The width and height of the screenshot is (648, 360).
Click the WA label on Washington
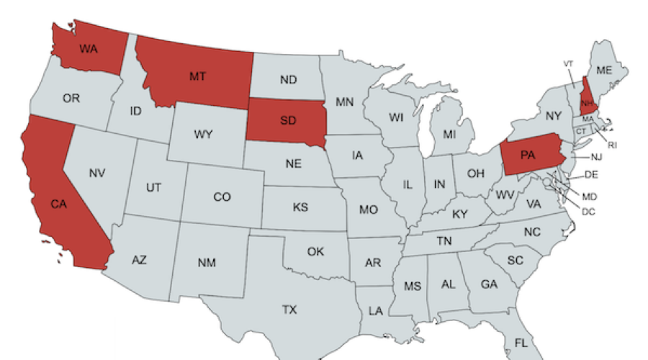pyautogui.click(x=89, y=50)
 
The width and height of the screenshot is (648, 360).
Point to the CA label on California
pyautogui.click(x=58, y=204)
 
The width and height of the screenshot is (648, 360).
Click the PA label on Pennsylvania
pyautogui.click(x=528, y=156)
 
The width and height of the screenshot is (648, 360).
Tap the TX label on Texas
pyautogui.click(x=289, y=310)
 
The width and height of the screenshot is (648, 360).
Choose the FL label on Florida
pyautogui.click(x=521, y=343)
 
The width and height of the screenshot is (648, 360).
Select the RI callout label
pyautogui.click(x=612, y=145)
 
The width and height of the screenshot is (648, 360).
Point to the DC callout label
pyautogui.click(x=588, y=211)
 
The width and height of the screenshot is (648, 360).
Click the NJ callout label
pyautogui.click(x=597, y=157)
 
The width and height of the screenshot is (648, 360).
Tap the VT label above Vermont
pyautogui.click(x=568, y=64)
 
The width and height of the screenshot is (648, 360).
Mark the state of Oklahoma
pyautogui.click(x=315, y=252)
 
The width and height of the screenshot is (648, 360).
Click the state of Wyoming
pyautogui.click(x=202, y=134)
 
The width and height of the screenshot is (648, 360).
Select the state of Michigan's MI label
pyautogui.click(x=449, y=134)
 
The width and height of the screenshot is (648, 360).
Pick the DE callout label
pyautogui.click(x=591, y=175)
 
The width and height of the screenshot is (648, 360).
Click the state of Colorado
pyautogui.click(x=222, y=197)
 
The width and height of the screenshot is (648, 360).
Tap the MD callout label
pyautogui.click(x=589, y=197)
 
